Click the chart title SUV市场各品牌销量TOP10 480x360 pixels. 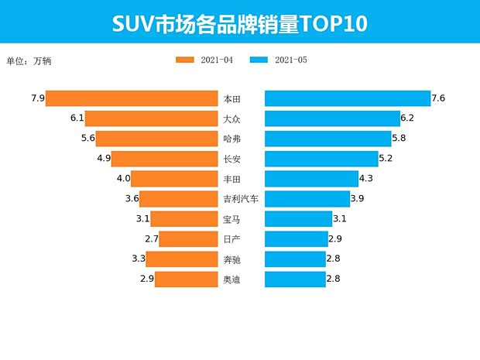[239, 23]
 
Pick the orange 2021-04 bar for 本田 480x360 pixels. [132, 98]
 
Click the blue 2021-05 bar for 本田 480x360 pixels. [348, 98]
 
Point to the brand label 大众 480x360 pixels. [231, 118]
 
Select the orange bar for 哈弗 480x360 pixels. [156, 139]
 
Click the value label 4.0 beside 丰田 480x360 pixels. [123, 179]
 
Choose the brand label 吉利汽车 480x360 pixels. [240, 199]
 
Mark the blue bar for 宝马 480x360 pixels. [298, 219]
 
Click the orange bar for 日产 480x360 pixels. [188, 238]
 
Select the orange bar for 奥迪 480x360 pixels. [186, 279]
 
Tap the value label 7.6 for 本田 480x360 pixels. [438, 98]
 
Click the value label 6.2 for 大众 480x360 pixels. [408, 118]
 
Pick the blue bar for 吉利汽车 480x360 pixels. [307, 199]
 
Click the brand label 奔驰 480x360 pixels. [231, 259]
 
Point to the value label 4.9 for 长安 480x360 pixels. [105, 159]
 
